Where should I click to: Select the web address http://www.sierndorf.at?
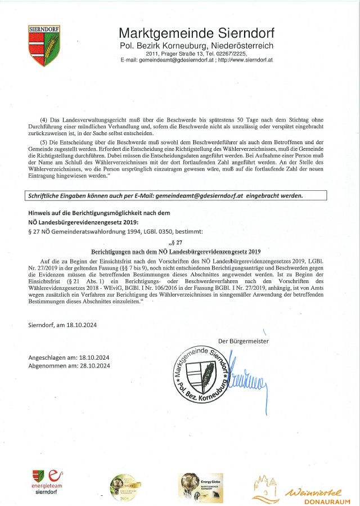[x=245, y=59]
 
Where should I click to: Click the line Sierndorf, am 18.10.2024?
[x=62, y=324]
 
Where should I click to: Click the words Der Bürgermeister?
[x=243, y=341]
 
